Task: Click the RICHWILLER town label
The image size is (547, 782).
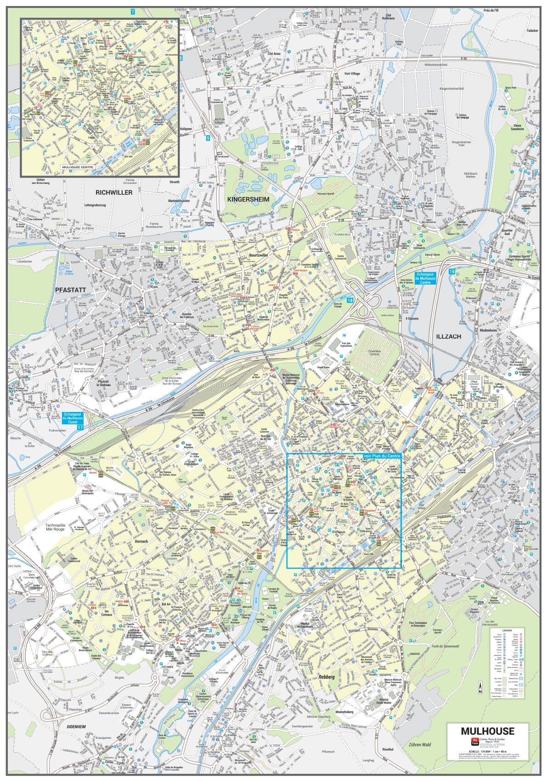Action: (x=114, y=192)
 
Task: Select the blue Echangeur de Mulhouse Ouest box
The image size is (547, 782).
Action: (x=73, y=418)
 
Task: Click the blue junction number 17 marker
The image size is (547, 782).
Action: (x=81, y=428)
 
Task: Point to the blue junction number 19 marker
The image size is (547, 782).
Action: (x=452, y=272)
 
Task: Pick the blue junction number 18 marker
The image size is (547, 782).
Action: (x=351, y=300)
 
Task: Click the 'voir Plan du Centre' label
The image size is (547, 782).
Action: (x=382, y=455)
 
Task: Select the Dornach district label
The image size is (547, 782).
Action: (x=142, y=541)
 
